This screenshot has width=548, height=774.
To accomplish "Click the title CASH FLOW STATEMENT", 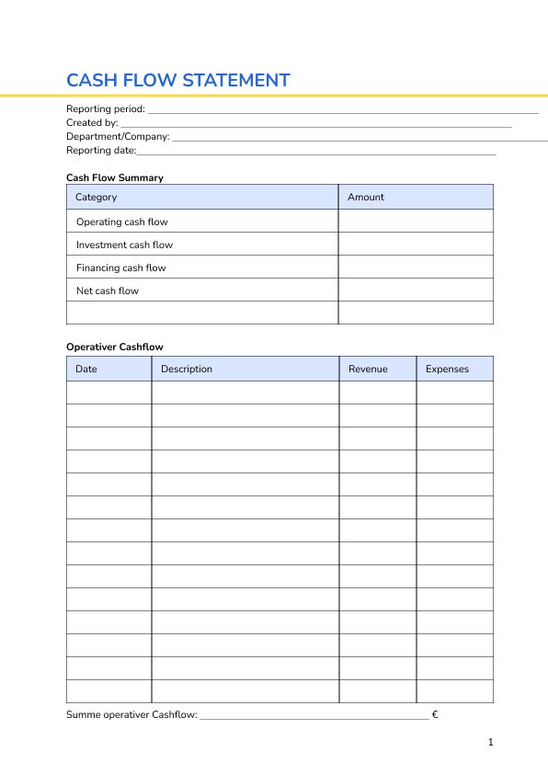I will [x=177, y=80].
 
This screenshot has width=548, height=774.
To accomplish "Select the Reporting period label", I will [x=106, y=109].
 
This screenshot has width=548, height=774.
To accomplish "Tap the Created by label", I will [x=92, y=122].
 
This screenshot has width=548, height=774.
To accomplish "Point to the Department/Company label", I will [x=118, y=136].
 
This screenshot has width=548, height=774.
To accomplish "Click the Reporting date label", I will [x=101, y=150].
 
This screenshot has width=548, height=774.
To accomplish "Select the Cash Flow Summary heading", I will [x=114, y=177].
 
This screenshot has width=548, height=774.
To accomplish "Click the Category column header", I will [x=96, y=197].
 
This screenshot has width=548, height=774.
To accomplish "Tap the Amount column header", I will [x=366, y=197].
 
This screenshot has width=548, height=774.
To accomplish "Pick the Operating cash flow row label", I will [x=121, y=222].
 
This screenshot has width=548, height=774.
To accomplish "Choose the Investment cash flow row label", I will [x=124, y=245].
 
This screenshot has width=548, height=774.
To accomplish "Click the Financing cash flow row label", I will [x=120, y=267].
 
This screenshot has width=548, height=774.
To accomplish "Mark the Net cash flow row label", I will [x=107, y=290].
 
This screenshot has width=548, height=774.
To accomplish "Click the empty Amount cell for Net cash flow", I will [x=416, y=290].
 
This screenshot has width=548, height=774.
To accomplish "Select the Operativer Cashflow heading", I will [x=114, y=347].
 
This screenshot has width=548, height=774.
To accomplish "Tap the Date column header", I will [x=86, y=369].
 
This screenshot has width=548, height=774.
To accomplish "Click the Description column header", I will [x=187, y=369].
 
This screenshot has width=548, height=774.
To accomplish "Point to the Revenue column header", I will [x=368, y=369].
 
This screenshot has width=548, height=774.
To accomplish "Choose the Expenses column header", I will [x=447, y=369].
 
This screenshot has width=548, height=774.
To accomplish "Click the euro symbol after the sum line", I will [x=434, y=714].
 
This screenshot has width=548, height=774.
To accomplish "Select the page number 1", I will [x=491, y=742].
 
